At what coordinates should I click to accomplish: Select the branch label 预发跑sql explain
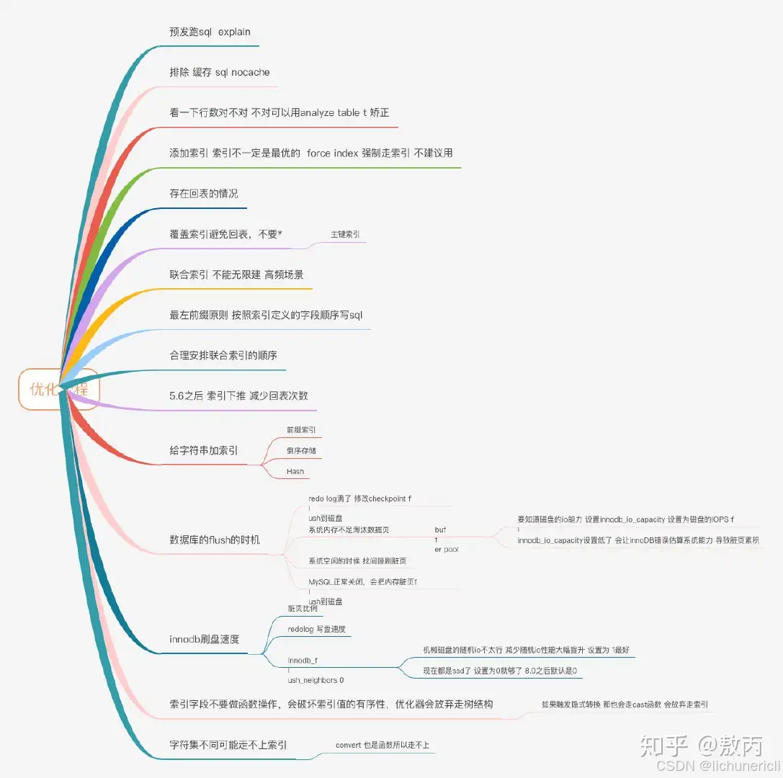210,32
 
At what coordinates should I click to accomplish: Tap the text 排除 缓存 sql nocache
220,73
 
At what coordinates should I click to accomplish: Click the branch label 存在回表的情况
204,194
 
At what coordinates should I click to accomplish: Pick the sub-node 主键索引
345,235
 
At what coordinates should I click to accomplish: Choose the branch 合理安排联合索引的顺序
223,356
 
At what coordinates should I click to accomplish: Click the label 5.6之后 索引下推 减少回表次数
238,396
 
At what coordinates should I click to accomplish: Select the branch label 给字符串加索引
204,451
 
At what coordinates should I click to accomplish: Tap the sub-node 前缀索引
301,430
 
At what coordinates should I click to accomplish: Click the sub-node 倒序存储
301,451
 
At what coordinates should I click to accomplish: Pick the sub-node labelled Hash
295,472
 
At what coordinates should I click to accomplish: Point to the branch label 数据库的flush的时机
215,540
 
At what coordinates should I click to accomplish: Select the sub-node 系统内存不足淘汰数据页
349,530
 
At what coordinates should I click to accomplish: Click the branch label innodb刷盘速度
204,640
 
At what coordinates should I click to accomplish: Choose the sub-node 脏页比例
303,609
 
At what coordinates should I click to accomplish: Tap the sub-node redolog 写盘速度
316,630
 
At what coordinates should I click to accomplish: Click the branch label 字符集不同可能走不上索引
228,745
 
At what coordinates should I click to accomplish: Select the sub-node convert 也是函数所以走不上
382,745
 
